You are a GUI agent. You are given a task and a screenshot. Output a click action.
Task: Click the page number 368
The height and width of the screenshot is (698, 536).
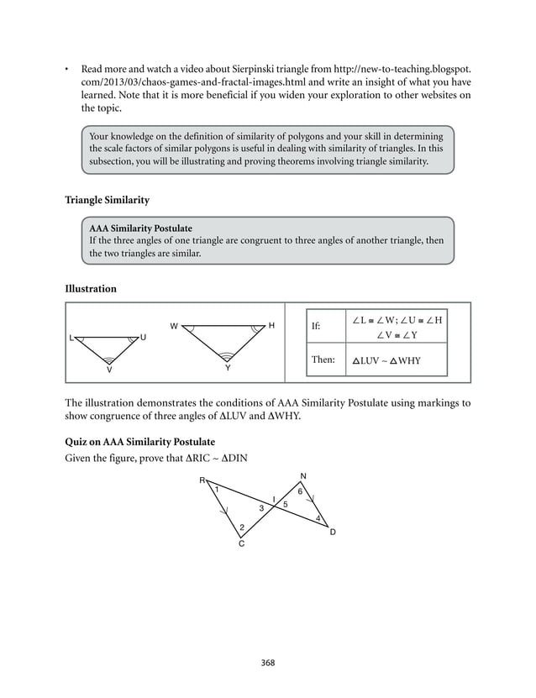[x=268, y=662]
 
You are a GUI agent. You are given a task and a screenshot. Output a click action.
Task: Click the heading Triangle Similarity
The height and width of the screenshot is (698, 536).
[x=108, y=200]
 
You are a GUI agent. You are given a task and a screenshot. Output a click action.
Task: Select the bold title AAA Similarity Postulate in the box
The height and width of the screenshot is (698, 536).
[x=140, y=228]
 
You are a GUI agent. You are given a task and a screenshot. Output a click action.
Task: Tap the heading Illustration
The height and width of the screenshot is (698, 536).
[x=91, y=289]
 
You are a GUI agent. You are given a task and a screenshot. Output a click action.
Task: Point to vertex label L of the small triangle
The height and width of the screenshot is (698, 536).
[x=72, y=338]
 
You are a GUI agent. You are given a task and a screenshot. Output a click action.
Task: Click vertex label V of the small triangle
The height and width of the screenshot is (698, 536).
[x=108, y=369]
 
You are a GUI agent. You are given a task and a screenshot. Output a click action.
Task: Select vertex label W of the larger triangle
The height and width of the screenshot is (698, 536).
[x=174, y=325]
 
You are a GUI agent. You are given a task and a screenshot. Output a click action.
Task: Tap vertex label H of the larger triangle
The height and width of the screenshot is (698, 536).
[x=271, y=325]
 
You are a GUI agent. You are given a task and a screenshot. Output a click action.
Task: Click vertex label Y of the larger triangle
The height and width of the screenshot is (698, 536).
[x=228, y=369]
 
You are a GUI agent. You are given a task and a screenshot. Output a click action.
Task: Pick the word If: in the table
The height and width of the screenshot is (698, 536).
[x=317, y=327]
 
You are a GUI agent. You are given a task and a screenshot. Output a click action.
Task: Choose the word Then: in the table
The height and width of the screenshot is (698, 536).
[x=323, y=359]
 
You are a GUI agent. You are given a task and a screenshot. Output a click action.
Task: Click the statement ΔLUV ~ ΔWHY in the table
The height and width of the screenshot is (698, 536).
[x=386, y=361]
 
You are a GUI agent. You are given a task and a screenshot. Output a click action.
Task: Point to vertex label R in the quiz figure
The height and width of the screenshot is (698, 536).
[x=202, y=480]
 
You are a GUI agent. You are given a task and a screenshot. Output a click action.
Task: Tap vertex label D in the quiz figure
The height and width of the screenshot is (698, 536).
[x=332, y=532]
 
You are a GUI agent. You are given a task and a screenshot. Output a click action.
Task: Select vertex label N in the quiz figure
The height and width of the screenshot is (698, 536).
[x=303, y=476]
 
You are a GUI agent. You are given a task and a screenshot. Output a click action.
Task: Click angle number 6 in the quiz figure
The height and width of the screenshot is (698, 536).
[x=300, y=491]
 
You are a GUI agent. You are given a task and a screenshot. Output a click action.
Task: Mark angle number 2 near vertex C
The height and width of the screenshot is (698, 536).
[x=241, y=527]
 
